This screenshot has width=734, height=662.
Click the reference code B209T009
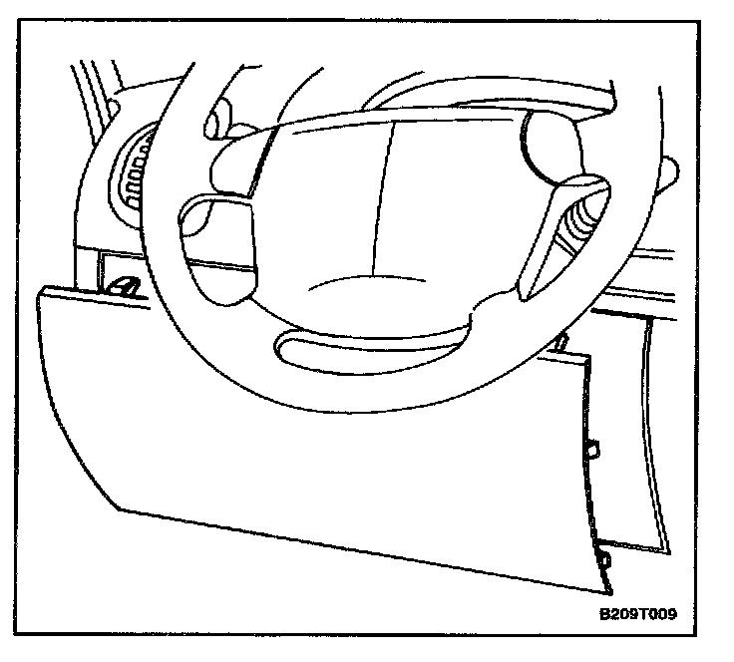point(638,615)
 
